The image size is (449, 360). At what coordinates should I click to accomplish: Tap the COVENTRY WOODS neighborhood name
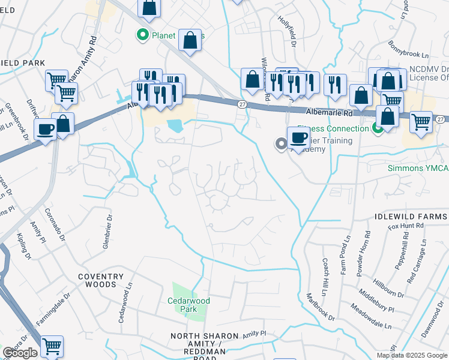100,281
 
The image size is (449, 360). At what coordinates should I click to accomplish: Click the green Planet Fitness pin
143,35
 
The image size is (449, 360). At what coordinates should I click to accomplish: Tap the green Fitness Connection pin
378,128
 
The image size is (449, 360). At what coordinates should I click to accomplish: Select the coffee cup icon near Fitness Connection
298,138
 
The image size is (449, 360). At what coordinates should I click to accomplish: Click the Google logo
20,353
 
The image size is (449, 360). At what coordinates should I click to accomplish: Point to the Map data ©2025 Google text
412,355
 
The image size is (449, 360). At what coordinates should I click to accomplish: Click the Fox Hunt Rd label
406,226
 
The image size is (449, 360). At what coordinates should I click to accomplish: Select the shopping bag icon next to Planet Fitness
190,41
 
